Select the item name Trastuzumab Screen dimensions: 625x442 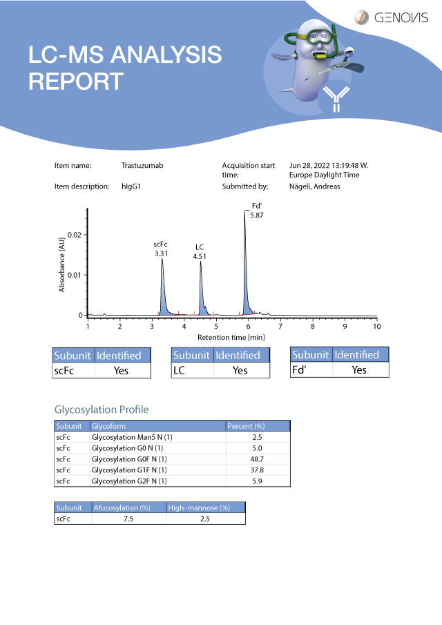pos(142,166)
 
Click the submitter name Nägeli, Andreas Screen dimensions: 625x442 pos(314,186)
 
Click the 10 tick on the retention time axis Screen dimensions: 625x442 pos(376,325)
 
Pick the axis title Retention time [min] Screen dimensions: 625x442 pos(231,337)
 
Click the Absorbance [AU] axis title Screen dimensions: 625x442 pos(62,266)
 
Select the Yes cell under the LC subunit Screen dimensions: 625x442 pos(240,371)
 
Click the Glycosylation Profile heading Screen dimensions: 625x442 pos(101,410)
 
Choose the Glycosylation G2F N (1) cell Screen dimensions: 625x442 pos(129,481)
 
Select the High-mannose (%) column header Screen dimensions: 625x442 pos(199,508)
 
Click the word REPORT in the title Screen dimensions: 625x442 pos(75,81)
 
